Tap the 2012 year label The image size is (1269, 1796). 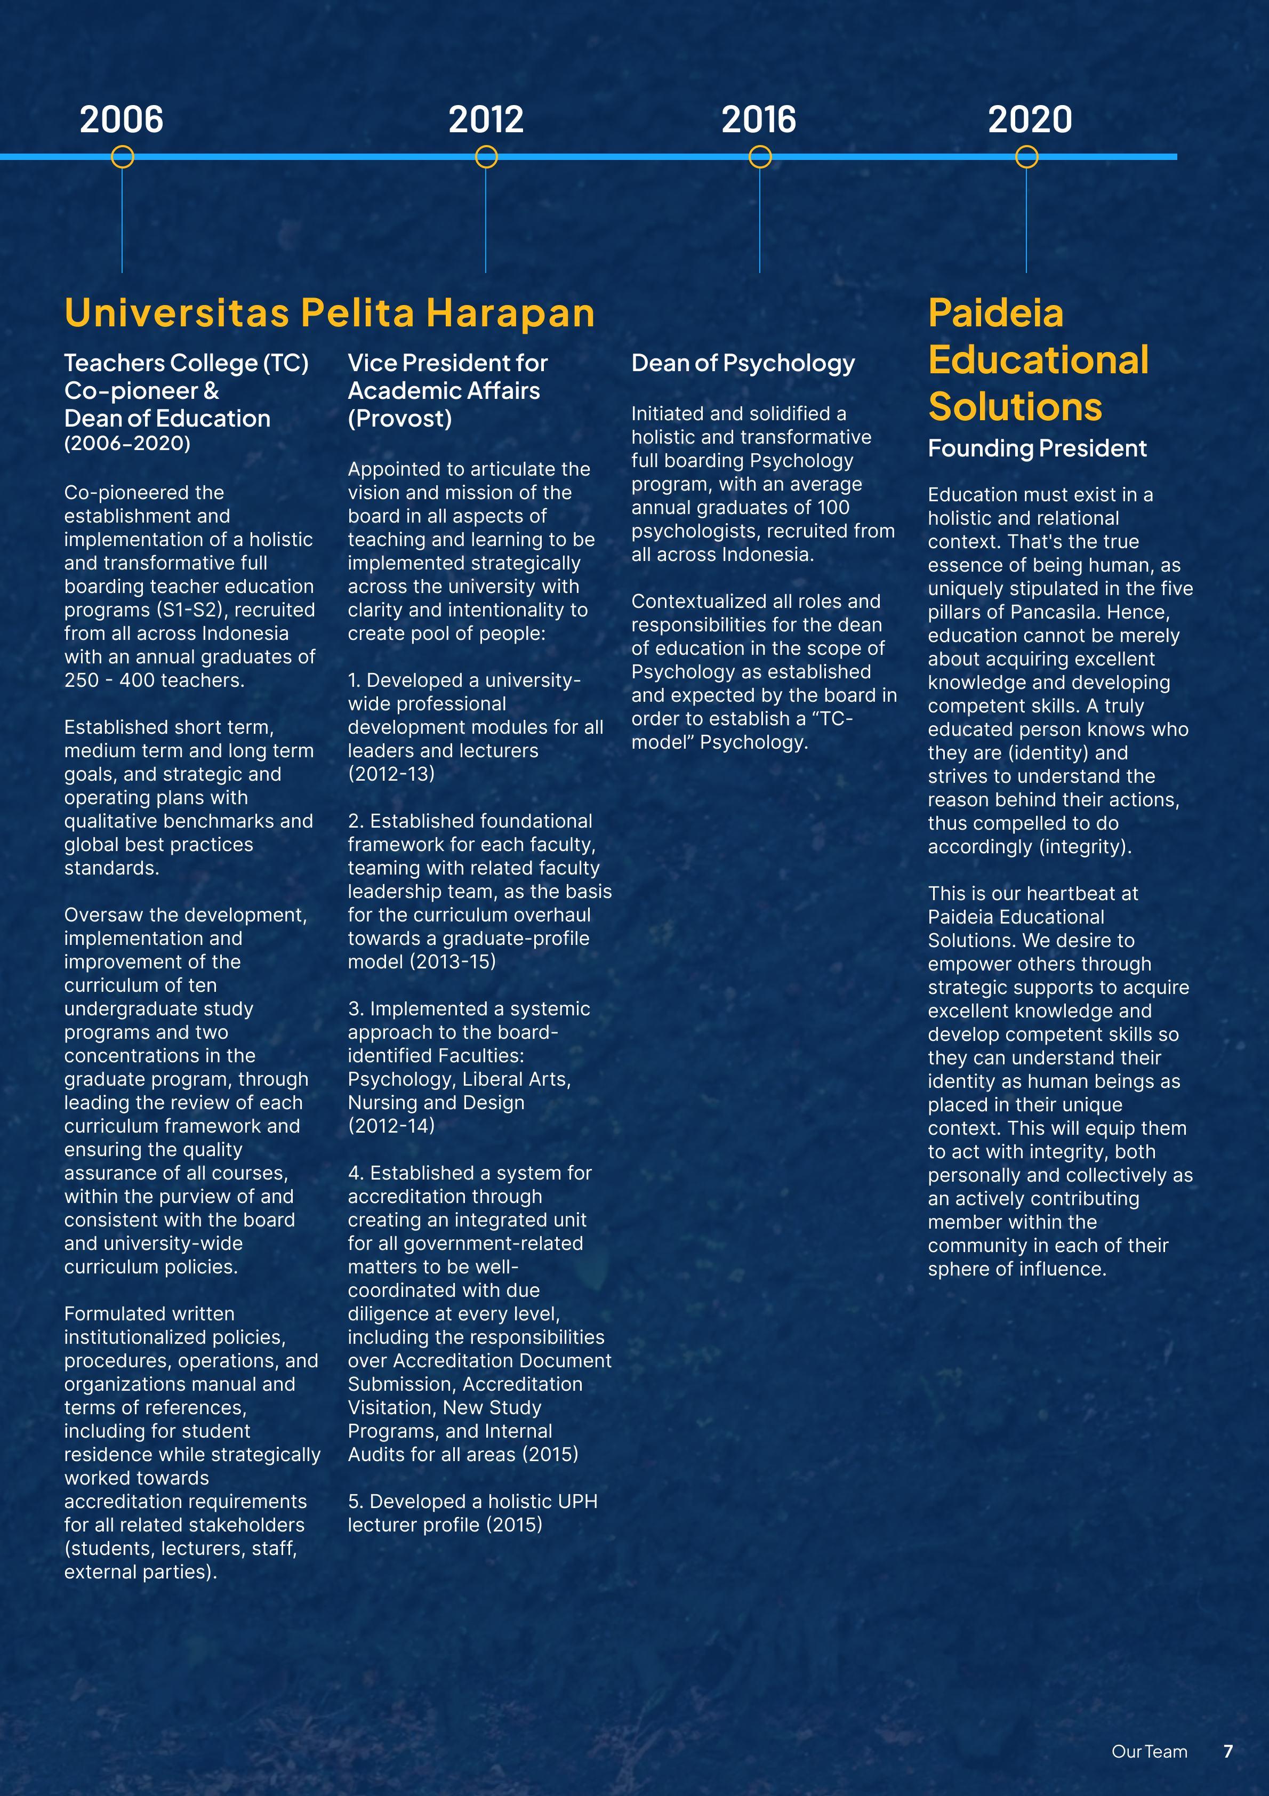coord(486,119)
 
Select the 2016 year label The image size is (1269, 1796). coord(758,119)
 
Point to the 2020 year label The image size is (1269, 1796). coord(1030,119)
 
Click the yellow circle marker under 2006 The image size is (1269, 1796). coord(122,157)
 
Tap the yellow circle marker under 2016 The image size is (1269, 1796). coord(760,157)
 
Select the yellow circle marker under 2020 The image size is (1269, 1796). coord(1026,157)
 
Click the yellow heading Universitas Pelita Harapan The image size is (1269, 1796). coord(330,313)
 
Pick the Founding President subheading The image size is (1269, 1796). coord(1037,448)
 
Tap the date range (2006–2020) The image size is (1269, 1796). coord(127,444)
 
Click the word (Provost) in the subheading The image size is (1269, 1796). coord(400,419)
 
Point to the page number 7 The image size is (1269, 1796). coord(1227,1751)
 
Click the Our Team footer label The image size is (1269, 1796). coord(1148,1751)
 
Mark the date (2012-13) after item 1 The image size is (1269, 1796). coord(391,774)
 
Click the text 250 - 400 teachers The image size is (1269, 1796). coord(154,680)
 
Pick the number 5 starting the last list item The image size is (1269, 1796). coord(354,1501)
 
